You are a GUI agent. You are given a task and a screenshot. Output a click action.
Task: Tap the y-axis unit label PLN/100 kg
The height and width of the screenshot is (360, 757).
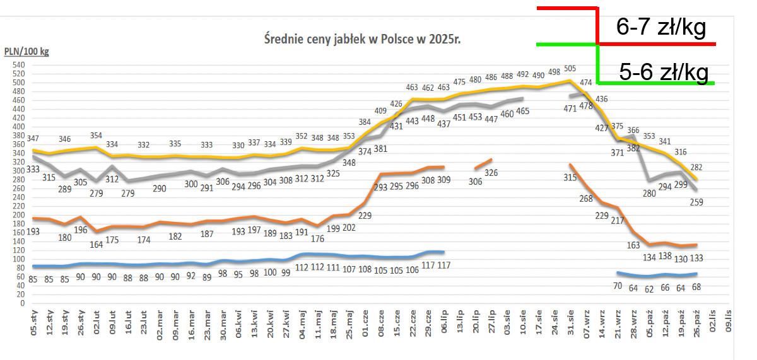point(26,52)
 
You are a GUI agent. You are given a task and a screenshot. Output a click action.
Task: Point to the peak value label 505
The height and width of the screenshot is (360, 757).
point(570,69)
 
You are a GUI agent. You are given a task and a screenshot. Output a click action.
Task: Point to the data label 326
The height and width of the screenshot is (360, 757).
point(491,172)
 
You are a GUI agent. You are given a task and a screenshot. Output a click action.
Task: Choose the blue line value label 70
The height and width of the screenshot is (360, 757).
point(617,286)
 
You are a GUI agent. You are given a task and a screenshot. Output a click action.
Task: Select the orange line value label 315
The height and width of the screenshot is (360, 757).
point(570,177)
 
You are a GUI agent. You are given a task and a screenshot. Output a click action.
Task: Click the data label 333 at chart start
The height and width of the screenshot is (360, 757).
point(33,169)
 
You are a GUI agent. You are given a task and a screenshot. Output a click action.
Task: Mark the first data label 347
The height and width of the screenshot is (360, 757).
point(33,138)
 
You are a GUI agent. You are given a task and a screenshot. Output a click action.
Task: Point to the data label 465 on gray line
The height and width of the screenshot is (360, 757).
point(523,111)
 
